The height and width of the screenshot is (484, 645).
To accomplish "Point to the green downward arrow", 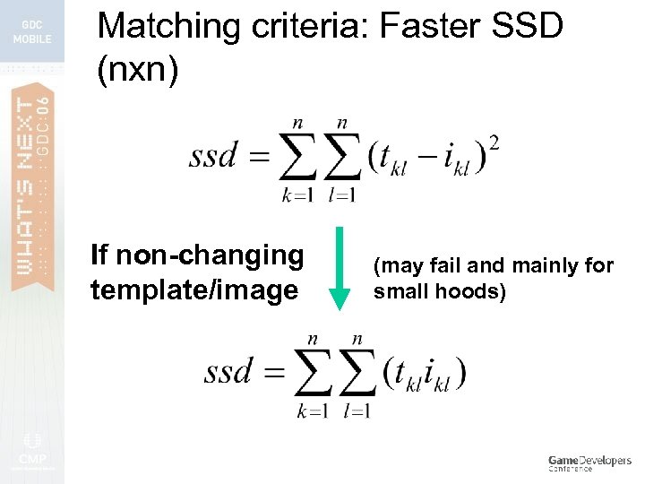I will click(341, 270).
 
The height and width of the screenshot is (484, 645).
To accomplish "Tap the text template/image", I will click(193, 290).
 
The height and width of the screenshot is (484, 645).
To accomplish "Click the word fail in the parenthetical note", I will click(436, 265).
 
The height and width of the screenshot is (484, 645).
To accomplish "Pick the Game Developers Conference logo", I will click(589, 462).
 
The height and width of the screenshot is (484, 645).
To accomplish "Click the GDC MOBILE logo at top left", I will click(32, 32).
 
